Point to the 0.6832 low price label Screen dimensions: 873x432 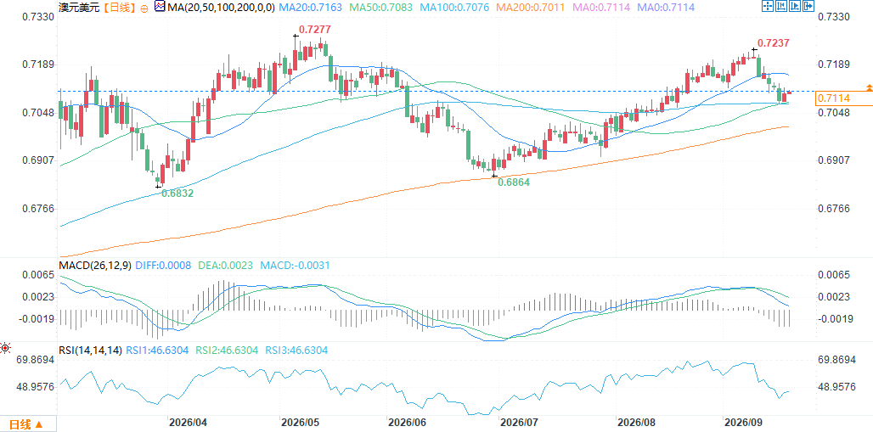click(177, 194)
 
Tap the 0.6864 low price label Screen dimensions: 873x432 click(513, 182)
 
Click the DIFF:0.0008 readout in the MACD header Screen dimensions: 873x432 click(159, 266)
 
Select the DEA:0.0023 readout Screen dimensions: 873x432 click(222, 266)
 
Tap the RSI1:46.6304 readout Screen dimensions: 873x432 click(156, 351)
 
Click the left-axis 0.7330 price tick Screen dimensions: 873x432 click(37, 16)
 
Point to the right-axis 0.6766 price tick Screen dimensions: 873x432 click(834, 209)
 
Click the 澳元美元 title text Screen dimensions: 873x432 click(78, 8)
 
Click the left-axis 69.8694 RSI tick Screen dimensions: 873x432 click(35, 360)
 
